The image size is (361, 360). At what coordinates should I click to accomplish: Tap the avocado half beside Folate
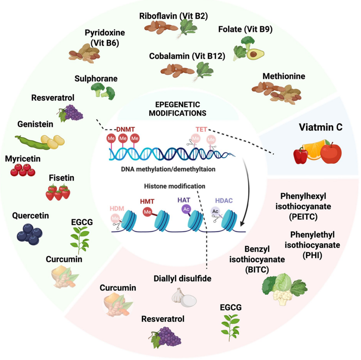coord(255,54)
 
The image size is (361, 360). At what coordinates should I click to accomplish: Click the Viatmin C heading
coord(321,128)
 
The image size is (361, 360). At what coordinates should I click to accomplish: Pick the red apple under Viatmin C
coord(331,152)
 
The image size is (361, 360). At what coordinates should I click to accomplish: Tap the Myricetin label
coord(23,158)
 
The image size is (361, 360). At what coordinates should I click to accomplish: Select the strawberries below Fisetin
coord(58,192)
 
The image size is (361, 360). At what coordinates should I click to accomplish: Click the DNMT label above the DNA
coord(125,129)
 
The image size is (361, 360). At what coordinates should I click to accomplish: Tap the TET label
coord(201,129)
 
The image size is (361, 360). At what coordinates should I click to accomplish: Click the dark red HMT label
coord(147,201)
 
